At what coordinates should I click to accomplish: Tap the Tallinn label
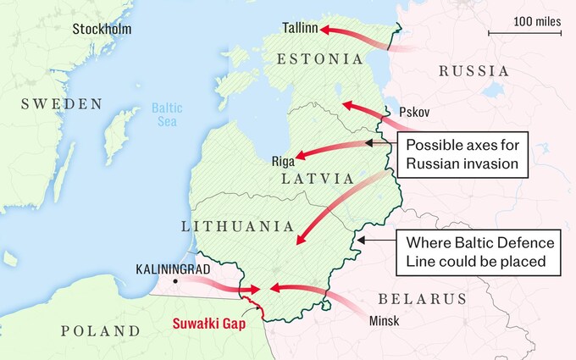(301, 28)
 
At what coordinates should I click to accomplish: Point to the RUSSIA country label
(474, 71)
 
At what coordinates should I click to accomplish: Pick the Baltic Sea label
(166, 114)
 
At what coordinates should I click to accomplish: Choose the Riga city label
(282, 161)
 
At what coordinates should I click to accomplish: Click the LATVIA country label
(318, 180)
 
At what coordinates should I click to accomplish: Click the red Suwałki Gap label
(209, 323)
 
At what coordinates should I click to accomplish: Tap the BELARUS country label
(422, 299)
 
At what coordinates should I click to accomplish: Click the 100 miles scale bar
(525, 33)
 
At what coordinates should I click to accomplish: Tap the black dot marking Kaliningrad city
(175, 280)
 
